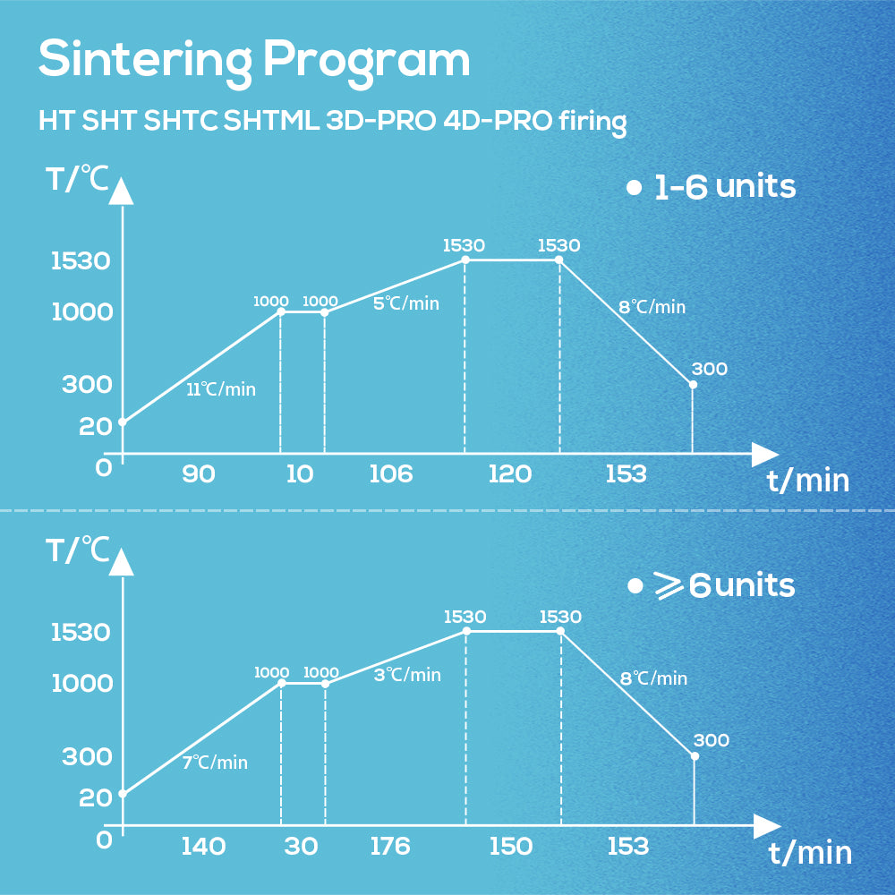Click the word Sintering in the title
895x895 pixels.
(x=144, y=60)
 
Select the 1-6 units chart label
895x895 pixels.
(x=724, y=187)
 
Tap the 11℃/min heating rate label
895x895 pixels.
(x=221, y=389)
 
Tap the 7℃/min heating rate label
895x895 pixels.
(x=215, y=763)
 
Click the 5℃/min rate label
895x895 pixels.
(x=406, y=303)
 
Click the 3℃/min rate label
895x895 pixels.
(x=407, y=675)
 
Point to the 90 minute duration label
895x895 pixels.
(x=199, y=474)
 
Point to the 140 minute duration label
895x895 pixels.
(x=203, y=846)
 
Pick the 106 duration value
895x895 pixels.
(x=391, y=474)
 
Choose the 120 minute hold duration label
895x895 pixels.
(x=510, y=474)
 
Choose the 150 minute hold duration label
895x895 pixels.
(x=511, y=846)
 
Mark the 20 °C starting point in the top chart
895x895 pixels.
(x=123, y=422)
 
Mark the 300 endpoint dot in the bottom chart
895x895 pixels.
(x=695, y=756)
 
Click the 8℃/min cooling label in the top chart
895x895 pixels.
(x=652, y=307)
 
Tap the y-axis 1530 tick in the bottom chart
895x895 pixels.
(x=81, y=633)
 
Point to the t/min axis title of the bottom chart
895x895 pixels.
(x=810, y=853)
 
